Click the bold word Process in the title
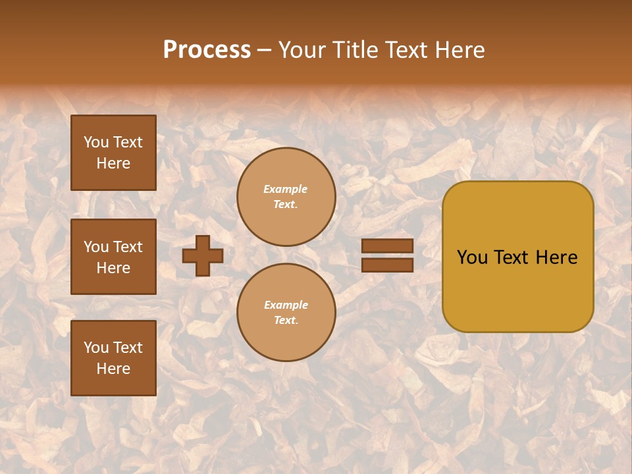coord(207,50)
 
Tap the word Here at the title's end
coord(460,50)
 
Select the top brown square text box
coord(113,153)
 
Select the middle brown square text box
coord(113,257)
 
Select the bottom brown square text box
coord(113,357)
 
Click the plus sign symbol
coord(203,255)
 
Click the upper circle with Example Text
coord(286,197)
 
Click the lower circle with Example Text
coord(286,312)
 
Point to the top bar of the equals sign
coord(387,246)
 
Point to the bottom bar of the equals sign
coord(387,265)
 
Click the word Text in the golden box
coord(513,257)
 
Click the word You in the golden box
coord(472,257)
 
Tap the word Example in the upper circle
coord(286,189)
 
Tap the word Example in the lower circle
coord(286,305)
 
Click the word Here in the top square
coord(113,163)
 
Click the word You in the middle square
coord(96,247)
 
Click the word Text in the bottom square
coord(128,348)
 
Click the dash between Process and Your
coord(265,50)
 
